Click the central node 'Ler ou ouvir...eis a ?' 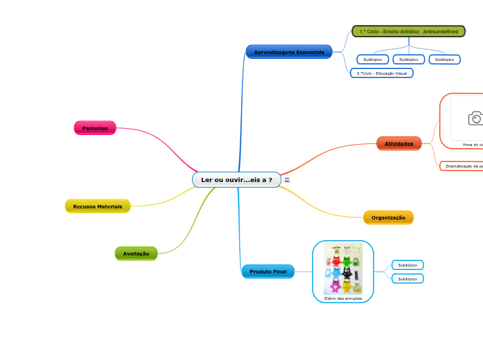coord(236,180)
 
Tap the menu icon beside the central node coord(287,180)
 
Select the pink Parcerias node coord(95,128)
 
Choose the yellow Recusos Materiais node coord(98,206)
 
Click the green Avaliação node coord(137,253)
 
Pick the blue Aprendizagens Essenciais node coord(289,52)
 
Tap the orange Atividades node coord(399,143)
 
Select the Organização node coord(388,217)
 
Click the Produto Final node coord(268,271)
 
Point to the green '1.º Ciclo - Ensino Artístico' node coord(409,31)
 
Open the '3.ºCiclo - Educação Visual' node coord(382,73)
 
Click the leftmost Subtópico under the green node coord(373,60)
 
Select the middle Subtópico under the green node coord(409,60)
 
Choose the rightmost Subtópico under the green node coord(444,60)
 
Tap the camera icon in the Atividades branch coord(475,118)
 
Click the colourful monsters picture coord(343,268)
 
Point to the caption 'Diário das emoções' coord(343,298)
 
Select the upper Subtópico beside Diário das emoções coord(407,265)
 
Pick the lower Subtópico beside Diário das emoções coord(407,279)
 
